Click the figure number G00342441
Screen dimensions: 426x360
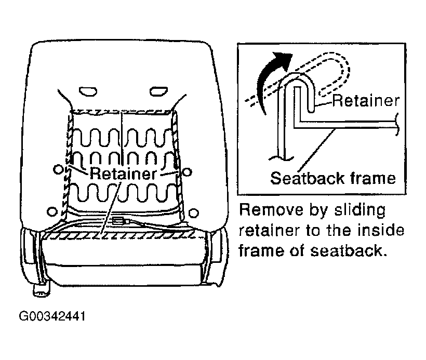(52, 316)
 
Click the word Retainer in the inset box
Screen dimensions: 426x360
(366, 100)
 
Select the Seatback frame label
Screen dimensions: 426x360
(333, 178)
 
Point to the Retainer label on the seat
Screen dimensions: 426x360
(123, 174)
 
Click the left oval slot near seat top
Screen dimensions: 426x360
(88, 91)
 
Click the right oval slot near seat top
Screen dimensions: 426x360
(159, 91)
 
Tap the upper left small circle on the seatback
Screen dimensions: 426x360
(58, 170)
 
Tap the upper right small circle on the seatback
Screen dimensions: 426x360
(187, 172)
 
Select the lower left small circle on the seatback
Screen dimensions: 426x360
(52, 211)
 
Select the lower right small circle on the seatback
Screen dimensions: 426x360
(193, 213)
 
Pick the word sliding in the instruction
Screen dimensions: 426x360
(360, 210)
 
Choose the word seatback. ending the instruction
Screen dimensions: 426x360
(349, 250)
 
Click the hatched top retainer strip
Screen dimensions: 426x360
(121, 112)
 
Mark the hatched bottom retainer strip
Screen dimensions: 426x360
(119, 235)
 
